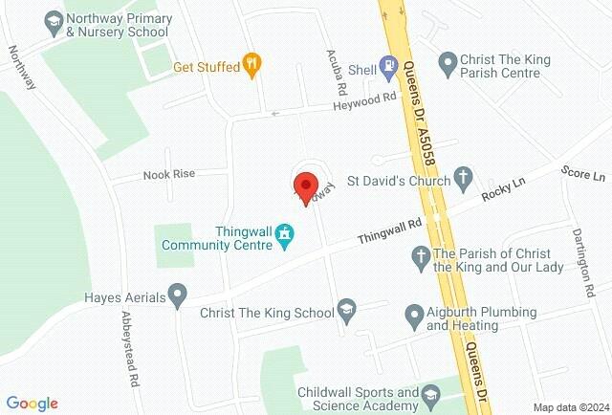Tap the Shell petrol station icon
tap(388, 67)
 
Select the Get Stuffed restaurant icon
tap(252, 65)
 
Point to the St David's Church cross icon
tap(463, 177)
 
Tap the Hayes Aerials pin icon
tap(177, 295)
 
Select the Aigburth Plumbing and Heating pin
tap(414, 314)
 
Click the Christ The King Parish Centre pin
tap(447, 65)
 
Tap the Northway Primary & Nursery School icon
tap(55, 20)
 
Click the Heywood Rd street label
tap(365, 98)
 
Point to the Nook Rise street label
tap(168, 174)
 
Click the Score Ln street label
tap(583, 176)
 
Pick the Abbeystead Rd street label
tap(128, 340)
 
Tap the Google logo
tap(33, 404)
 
